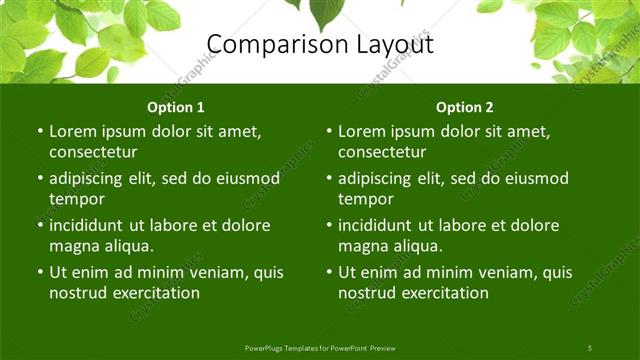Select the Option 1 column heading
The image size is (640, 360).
176,107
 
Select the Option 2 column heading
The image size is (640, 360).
465,107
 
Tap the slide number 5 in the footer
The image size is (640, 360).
589,347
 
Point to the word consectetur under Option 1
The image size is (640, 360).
93,152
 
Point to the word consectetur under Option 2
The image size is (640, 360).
382,152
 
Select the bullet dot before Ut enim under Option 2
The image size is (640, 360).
328,272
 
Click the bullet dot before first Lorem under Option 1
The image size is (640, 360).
39,131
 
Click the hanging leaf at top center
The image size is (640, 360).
327,12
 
